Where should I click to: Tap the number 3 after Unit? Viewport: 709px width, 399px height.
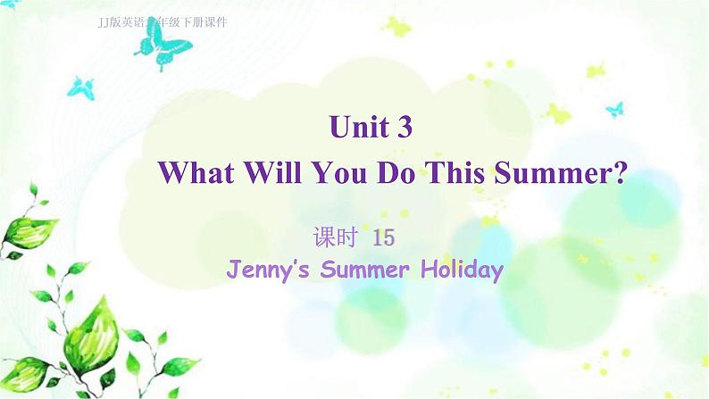405,129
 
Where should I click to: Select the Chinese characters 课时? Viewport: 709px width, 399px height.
335,237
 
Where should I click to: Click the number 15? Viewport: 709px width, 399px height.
382,237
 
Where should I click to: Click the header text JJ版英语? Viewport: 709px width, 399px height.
121,21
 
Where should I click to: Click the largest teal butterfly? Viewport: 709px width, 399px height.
163,42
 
